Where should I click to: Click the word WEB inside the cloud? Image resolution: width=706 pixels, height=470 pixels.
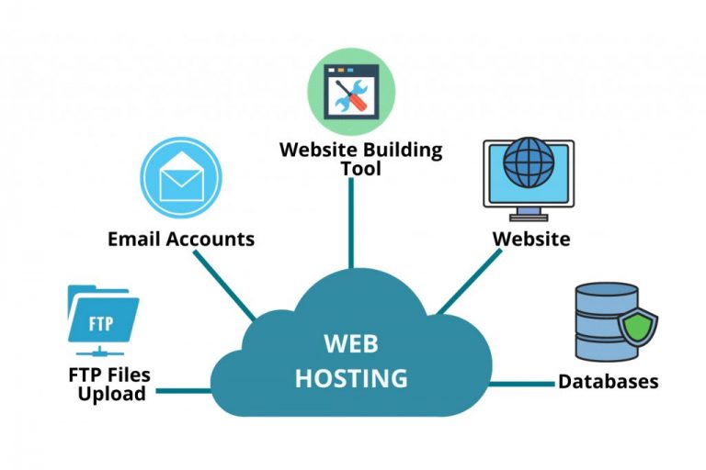(351, 343)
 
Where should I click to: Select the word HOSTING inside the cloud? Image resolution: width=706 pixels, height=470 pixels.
(351, 376)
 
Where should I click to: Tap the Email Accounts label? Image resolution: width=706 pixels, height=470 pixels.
(181, 239)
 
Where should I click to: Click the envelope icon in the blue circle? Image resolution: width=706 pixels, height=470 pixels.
(181, 177)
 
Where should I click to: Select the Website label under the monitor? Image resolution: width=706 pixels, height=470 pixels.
(530, 239)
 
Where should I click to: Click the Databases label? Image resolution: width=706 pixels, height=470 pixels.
(609, 381)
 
